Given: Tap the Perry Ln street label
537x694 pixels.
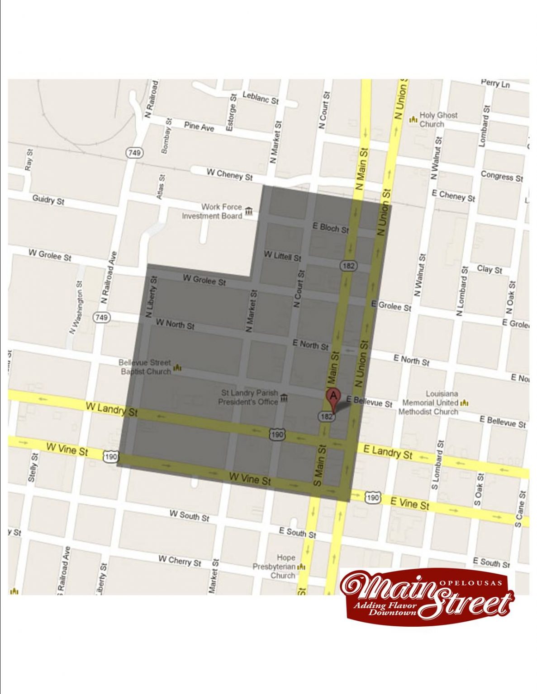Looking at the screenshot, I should point(495,84).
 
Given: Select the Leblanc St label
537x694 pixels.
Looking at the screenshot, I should point(260,97).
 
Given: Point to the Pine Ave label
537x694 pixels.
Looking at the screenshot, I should point(199,127).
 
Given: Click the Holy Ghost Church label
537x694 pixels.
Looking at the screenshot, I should point(438,119).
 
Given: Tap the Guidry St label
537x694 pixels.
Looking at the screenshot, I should point(48,200).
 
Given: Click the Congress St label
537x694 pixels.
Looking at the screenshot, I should point(501,176).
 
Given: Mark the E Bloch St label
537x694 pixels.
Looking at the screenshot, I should point(331,228).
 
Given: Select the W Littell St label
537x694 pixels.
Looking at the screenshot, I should point(282,256).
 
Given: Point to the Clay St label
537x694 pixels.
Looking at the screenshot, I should point(489,269).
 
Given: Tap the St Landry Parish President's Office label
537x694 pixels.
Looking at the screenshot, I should point(249,398).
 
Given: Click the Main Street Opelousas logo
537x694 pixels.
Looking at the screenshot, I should point(427,596).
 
